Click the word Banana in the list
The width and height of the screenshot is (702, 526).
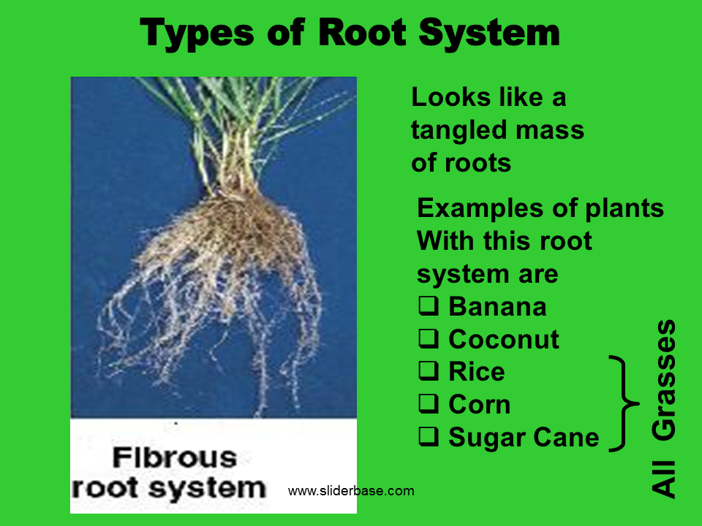(x=497, y=307)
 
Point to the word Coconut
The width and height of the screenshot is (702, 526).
(x=504, y=339)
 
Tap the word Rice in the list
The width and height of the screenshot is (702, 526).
(x=476, y=372)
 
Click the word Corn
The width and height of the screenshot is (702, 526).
(x=479, y=404)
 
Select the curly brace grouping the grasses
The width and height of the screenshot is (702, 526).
(x=623, y=403)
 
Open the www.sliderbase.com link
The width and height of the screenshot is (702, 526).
(x=351, y=491)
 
